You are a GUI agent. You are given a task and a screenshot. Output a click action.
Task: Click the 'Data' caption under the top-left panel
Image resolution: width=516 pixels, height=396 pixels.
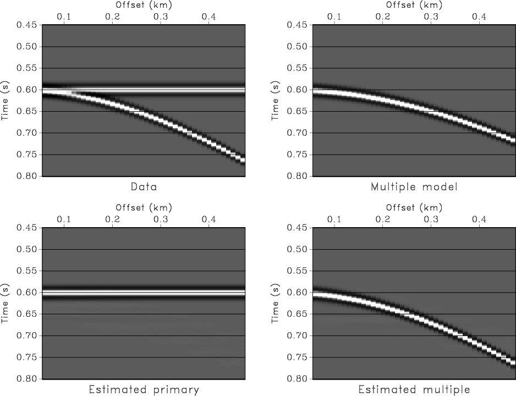144,187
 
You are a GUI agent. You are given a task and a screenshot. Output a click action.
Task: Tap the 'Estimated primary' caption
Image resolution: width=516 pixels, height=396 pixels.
144,390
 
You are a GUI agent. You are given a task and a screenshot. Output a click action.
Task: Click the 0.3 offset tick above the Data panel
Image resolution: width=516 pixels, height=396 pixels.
161,17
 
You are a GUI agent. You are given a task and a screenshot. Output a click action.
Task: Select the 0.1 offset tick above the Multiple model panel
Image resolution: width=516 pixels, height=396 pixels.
334,17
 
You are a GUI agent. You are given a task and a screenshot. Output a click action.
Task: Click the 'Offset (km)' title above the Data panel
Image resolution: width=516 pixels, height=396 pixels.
144,5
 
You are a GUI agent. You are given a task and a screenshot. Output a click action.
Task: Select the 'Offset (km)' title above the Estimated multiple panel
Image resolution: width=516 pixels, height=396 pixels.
414,208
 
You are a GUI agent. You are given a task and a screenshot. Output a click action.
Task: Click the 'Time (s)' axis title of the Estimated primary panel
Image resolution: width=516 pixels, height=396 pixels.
7,304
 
